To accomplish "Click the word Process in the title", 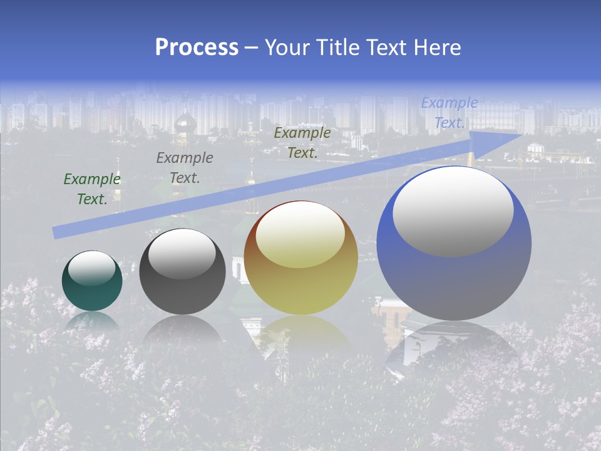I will (x=197, y=48).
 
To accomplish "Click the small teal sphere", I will (x=92, y=282).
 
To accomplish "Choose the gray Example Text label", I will (x=185, y=168).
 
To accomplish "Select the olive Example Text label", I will (x=302, y=143).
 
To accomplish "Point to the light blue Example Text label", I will (x=449, y=113).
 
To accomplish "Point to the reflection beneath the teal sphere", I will (x=92, y=323).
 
